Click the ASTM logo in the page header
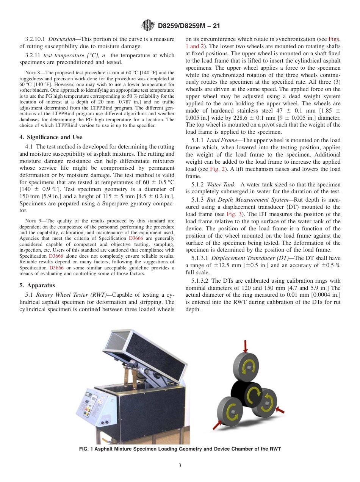[148, 26]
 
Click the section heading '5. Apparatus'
[37, 285]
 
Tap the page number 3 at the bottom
[180, 465]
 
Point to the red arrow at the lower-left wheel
[219, 424]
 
